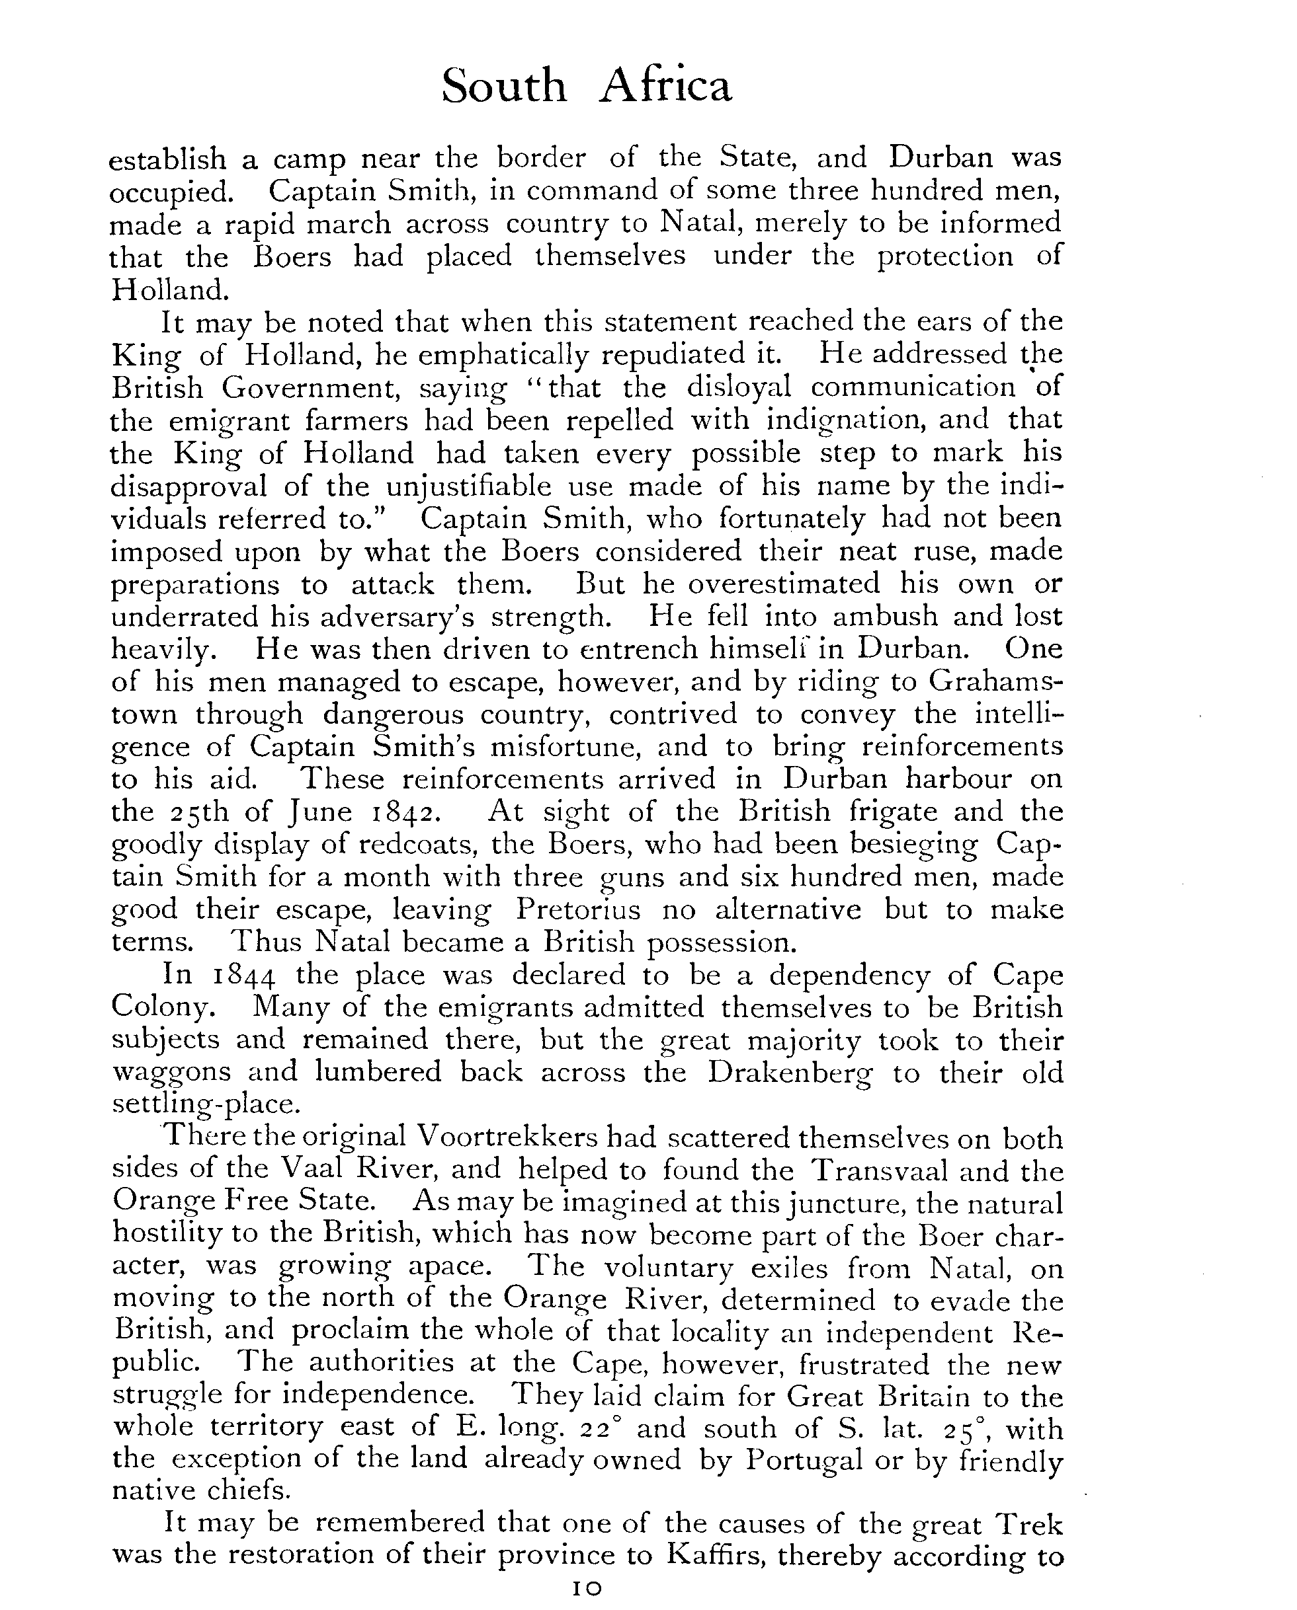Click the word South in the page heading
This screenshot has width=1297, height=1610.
[503, 87]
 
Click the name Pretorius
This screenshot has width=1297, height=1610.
[577, 910]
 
